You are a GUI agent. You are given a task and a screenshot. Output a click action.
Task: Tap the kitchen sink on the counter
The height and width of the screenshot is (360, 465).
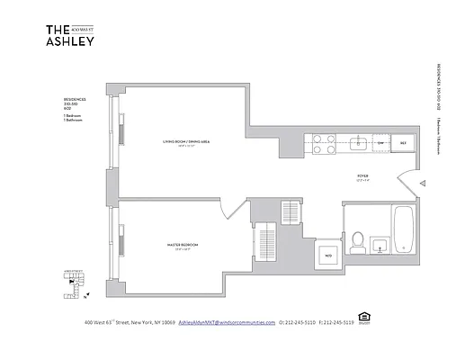357,142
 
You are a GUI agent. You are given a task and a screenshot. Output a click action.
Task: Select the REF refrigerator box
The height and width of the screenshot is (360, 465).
404,143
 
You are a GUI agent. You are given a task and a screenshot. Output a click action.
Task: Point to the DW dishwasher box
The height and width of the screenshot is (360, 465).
381,143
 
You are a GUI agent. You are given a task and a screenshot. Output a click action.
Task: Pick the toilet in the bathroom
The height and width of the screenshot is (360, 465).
356,240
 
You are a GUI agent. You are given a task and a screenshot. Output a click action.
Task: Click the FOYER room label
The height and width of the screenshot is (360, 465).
363,177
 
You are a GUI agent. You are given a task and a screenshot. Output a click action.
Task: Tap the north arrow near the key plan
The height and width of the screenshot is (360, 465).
67,281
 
